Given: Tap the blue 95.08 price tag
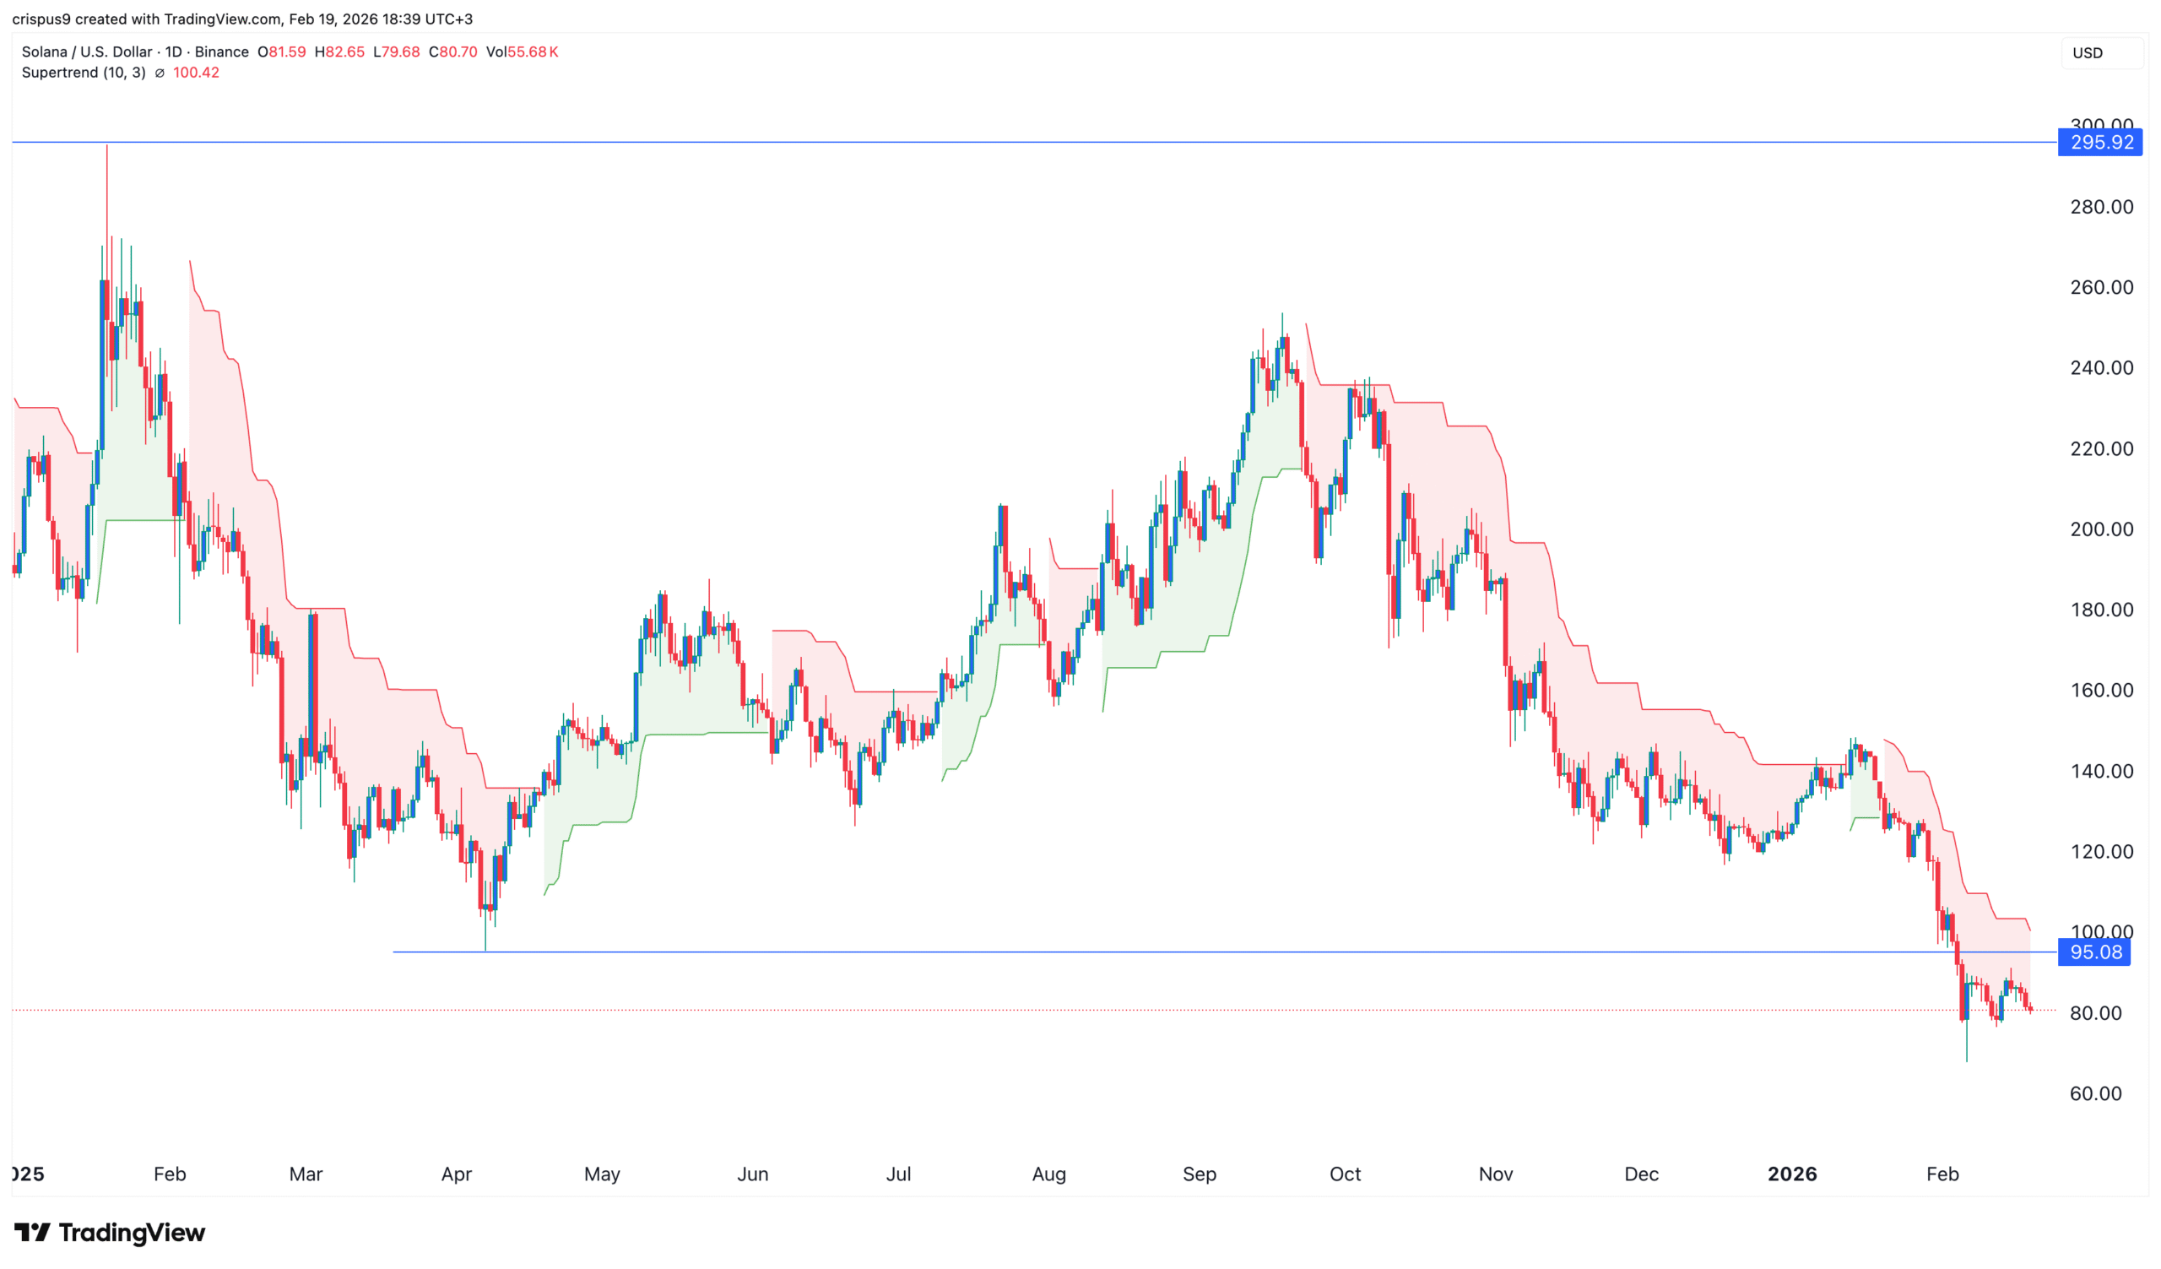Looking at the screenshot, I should click(x=2094, y=952).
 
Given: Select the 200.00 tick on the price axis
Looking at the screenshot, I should click(x=2101, y=529).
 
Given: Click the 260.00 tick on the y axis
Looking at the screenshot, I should click(x=2101, y=287).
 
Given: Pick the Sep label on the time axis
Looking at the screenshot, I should click(x=1199, y=1174).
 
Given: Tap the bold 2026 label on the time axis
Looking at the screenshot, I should click(x=1791, y=1174).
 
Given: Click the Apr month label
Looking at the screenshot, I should click(x=456, y=1174).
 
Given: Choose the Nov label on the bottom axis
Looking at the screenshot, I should click(x=1496, y=1174).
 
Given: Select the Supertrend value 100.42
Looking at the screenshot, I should click(x=197, y=73).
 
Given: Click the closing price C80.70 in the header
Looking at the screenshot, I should click(x=452, y=52).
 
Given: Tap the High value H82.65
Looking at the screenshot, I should click(x=339, y=52).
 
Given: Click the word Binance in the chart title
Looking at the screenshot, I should click(x=221, y=52).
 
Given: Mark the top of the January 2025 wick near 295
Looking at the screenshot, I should click(x=107, y=147).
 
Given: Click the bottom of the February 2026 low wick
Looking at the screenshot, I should click(x=1966, y=1060).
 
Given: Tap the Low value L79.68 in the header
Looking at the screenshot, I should click(x=396, y=52).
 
